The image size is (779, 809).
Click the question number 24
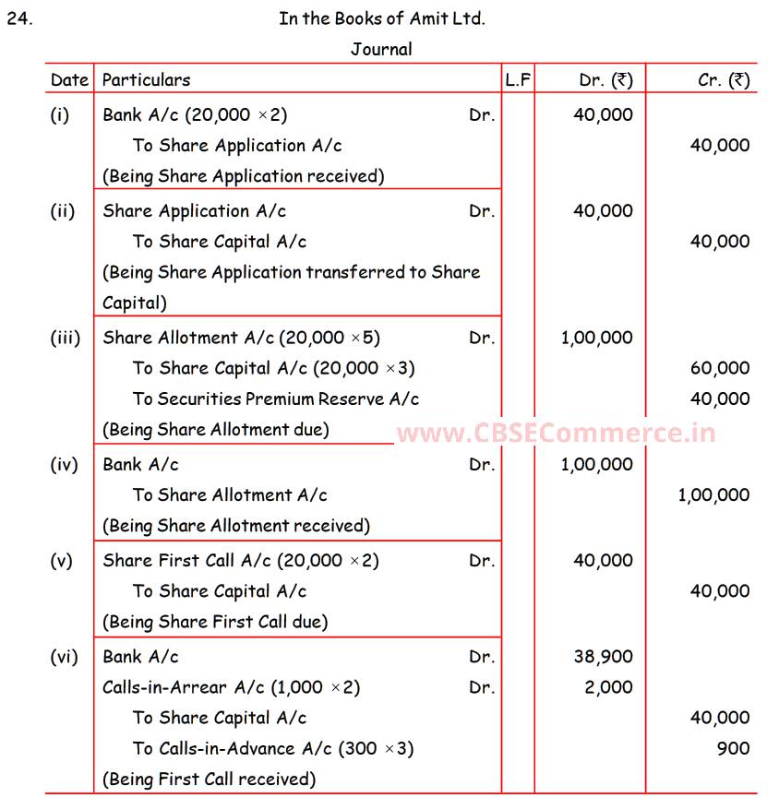tap(18, 18)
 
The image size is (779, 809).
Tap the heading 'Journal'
tap(380, 49)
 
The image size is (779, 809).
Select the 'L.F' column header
tap(518, 80)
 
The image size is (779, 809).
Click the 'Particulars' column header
tap(146, 80)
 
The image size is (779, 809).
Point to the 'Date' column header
tap(69, 80)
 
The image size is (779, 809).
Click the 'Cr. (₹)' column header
tap(724, 80)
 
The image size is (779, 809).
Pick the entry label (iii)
tap(65, 338)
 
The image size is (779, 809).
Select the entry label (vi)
tap(64, 657)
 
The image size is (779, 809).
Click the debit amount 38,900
tap(603, 657)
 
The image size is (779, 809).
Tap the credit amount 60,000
tap(720, 368)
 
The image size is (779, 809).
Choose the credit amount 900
tap(733, 748)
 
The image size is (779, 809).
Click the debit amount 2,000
tap(608, 687)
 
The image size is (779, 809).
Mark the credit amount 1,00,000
tap(713, 495)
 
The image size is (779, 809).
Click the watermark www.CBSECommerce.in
tap(556, 433)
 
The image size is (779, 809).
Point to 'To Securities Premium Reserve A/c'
tap(275, 399)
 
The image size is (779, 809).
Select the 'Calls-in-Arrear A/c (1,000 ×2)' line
tap(231, 687)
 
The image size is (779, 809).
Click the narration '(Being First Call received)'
tap(209, 779)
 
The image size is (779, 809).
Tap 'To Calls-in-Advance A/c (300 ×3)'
tap(272, 748)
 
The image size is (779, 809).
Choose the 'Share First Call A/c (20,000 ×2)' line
tap(240, 561)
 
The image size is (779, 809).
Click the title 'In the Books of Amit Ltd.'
tap(381, 18)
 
